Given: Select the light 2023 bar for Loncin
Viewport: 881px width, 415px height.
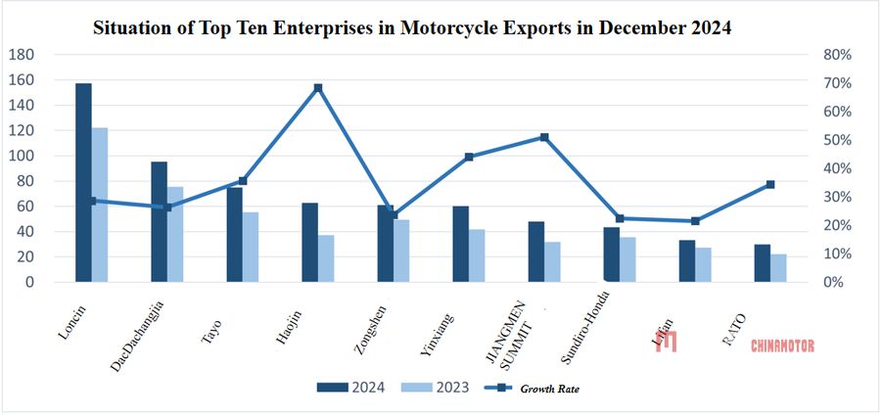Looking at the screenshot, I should coord(100,205).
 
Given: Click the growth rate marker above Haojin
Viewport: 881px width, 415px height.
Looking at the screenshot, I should coord(318,88).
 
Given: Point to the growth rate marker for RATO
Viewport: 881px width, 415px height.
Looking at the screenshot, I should coord(770,184).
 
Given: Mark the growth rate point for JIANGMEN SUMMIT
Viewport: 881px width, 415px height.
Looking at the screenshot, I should coord(544,137).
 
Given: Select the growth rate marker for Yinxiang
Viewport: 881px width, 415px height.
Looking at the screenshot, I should coord(469,157).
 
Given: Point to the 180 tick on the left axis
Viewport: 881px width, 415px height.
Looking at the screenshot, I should coord(21,55).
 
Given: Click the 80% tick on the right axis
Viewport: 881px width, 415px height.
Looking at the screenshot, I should coord(839,55).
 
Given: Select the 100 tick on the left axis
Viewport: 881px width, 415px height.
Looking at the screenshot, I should coord(21,156).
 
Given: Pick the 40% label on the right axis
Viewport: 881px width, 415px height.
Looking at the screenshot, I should coord(839,168).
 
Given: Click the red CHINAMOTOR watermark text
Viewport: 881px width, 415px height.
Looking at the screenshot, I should coord(782,346).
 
